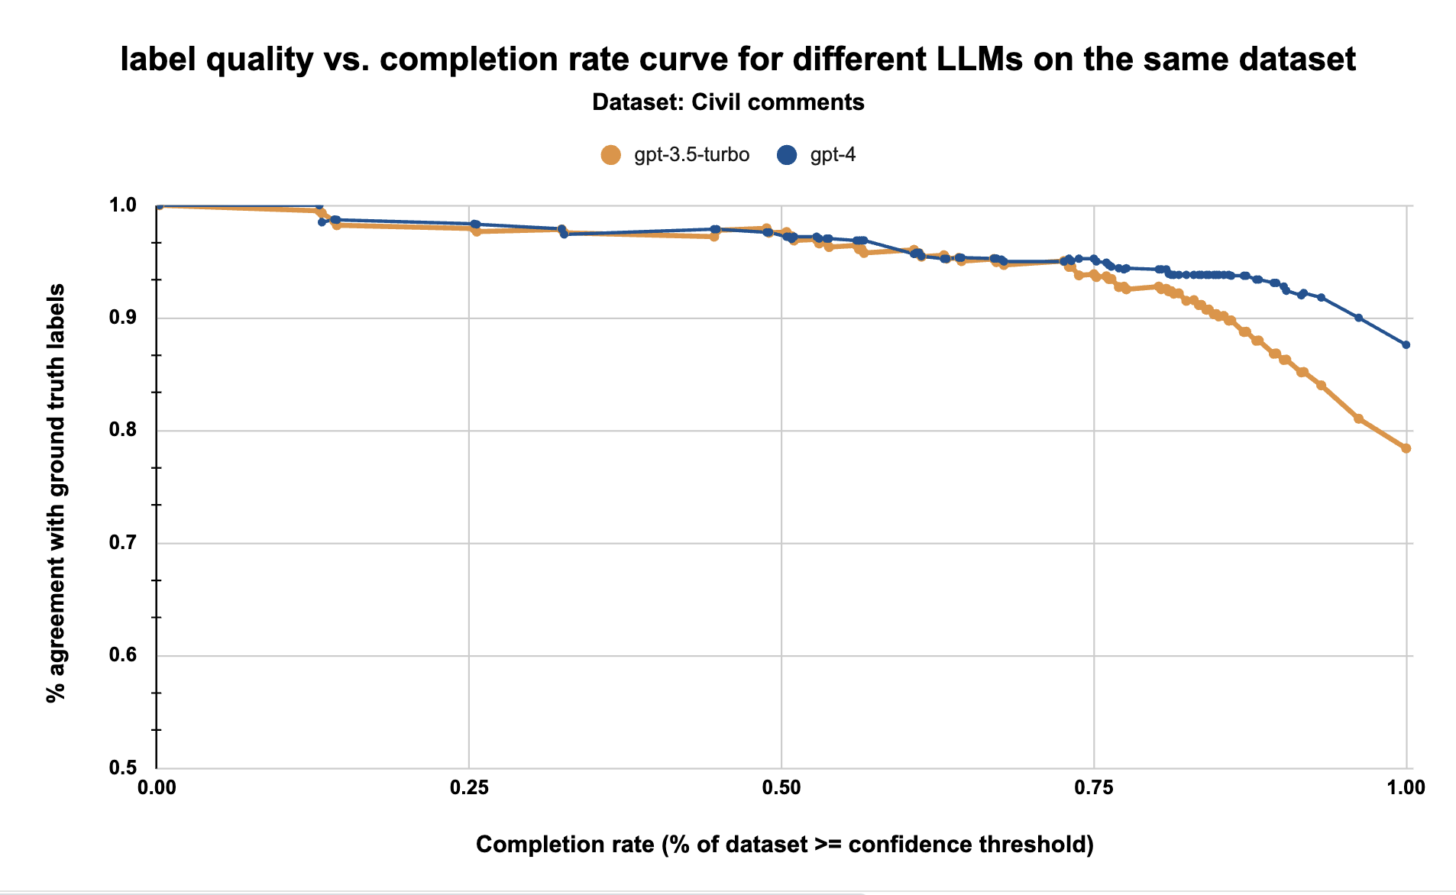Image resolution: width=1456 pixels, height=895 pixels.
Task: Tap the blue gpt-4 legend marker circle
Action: pos(787,155)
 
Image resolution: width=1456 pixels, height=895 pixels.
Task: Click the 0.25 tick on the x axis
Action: pos(468,787)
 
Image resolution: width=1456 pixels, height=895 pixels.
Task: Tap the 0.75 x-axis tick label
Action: pos(1093,787)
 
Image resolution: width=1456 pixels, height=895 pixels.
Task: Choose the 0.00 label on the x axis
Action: pos(156,787)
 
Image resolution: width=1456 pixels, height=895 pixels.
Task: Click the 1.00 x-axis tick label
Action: pos(1406,787)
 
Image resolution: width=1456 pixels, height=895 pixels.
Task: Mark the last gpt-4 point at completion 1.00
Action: pos(1406,345)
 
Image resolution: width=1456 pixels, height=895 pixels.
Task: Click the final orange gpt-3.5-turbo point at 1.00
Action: pos(1406,448)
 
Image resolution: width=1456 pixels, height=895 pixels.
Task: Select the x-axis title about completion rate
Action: pos(785,844)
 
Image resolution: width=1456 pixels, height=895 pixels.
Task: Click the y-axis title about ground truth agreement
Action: pos(56,493)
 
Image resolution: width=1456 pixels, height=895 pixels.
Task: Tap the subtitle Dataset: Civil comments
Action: pos(728,102)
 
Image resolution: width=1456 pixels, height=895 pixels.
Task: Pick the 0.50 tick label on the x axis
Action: pos(781,787)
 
